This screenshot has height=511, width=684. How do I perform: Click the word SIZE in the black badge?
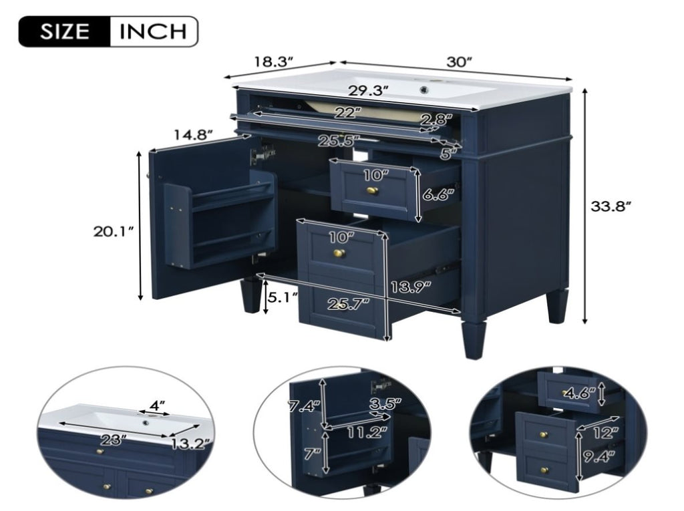click(x=65, y=31)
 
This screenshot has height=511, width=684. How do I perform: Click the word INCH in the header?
click(x=153, y=31)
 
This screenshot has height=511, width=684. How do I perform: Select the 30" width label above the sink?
click(x=460, y=61)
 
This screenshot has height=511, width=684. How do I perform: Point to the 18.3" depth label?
click(x=273, y=61)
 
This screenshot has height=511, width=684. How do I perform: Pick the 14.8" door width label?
click(x=194, y=134)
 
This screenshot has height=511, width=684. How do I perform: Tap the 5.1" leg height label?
click(x=283, y=298)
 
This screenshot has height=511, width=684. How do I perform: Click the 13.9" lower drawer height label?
click(x=411, y=287)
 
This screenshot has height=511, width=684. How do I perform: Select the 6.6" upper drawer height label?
click(x=438, y=194)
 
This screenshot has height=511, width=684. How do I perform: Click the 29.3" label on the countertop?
click(x=369, y=91)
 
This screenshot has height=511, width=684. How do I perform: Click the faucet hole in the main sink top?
click(x=423, y=90)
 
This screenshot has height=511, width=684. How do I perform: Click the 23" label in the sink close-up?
click(x=113, y=440)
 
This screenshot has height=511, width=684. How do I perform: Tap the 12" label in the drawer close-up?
click(x=607, y=433)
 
